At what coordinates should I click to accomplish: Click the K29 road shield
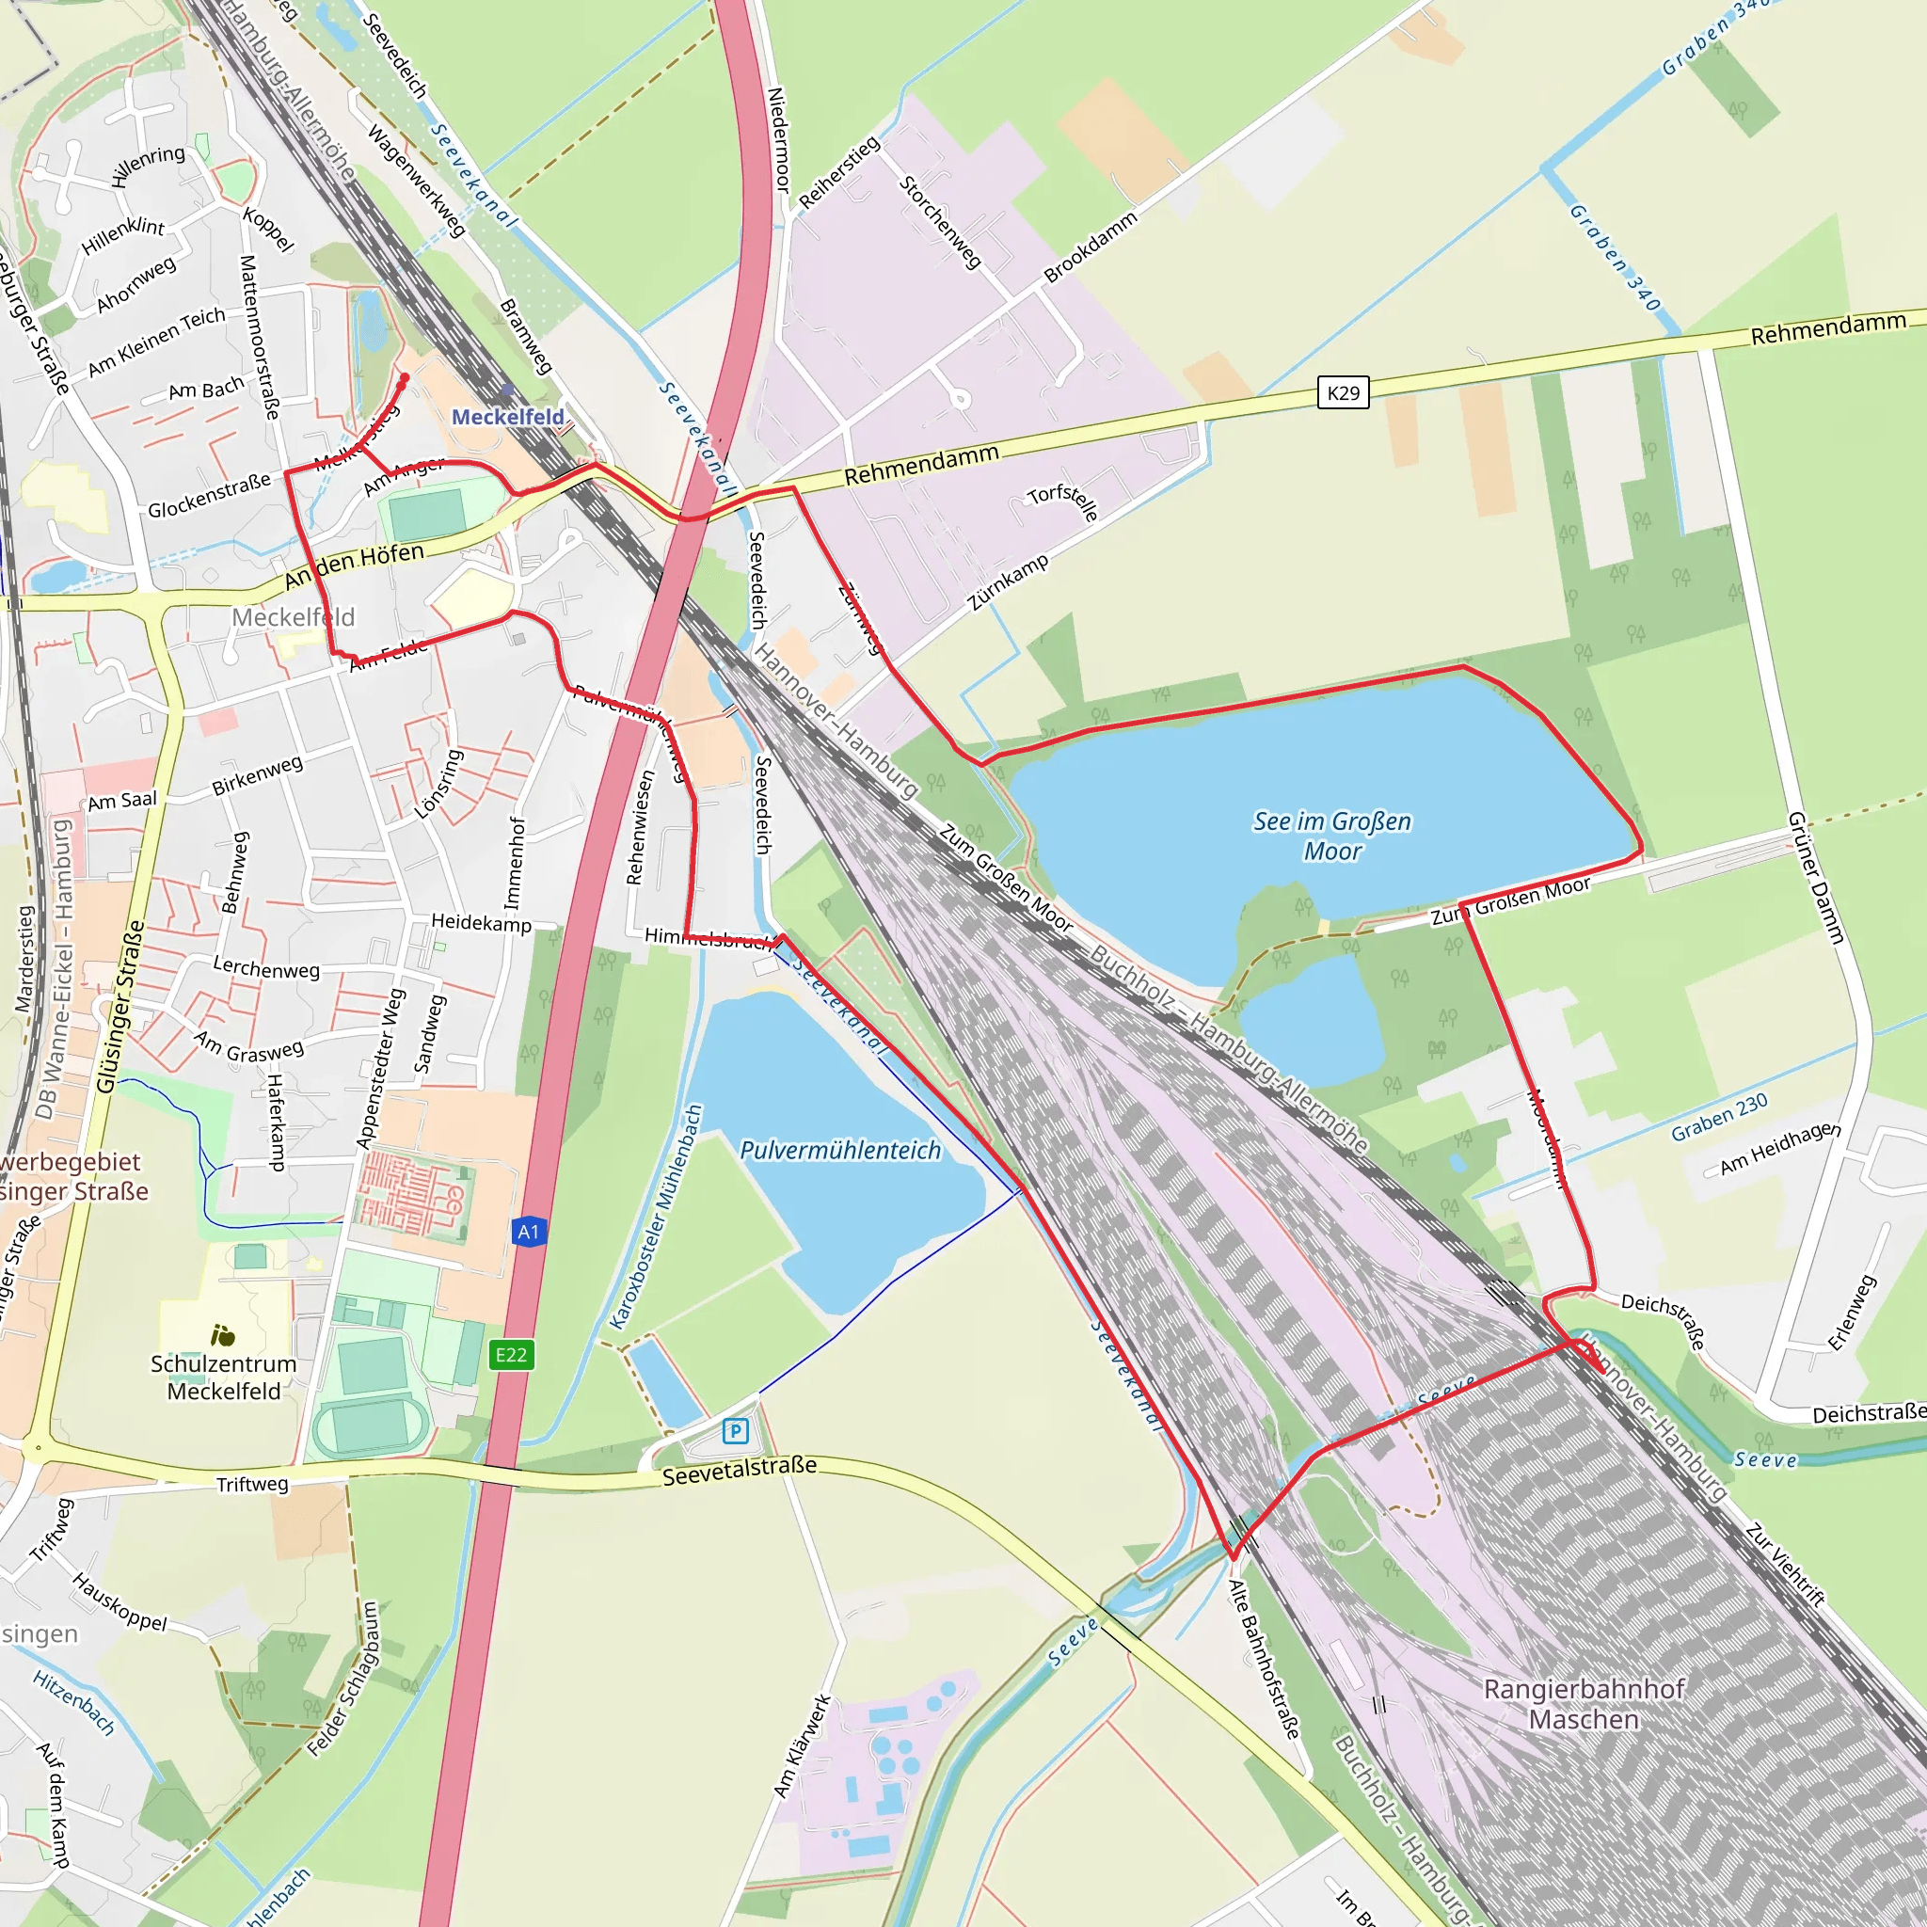[x=1343, y=393]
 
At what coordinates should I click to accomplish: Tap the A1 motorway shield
[x=529, y=1232]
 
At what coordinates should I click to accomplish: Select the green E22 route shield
[x=511, y=1355]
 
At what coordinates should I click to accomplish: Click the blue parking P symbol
[x=735, y=1431]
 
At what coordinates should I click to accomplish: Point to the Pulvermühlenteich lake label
[x=840, y=1150]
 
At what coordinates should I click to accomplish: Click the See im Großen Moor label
[x=1331, y=836]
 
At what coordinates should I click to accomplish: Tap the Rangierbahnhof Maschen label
[x=1584, y=1704]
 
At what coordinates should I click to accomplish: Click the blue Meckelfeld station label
[x=508, y=417]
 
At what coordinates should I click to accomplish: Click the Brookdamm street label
[x=1091, y=247]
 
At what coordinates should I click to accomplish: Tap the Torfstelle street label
[x=1063, y=502]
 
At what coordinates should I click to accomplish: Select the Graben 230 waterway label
[x=1720, y=1116]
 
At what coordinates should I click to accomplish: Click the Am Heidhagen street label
[x=1780, y=1148]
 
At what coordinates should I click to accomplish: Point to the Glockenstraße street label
[x=210, y=496]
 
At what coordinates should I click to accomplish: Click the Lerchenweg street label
[x=266, y=967]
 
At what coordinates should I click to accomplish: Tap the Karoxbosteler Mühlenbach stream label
[x=658, y=1216]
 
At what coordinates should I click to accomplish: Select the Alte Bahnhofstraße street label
[x=1264, y=1659]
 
